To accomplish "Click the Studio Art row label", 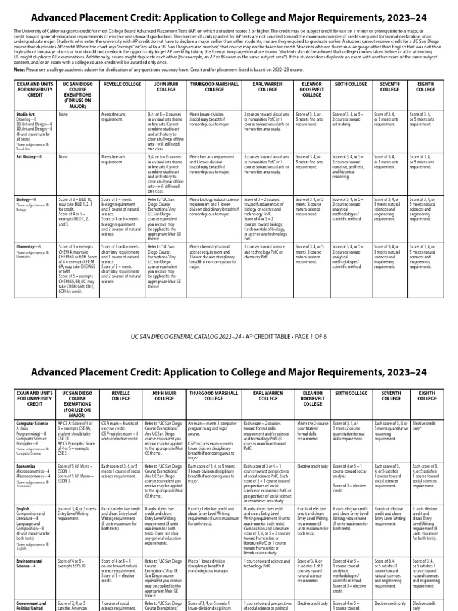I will click(25, 113).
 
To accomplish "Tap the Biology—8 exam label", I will click(26, 199).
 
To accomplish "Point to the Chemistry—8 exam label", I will click(29, 246).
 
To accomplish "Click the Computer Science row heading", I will click(32, 423).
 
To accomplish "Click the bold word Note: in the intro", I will click(20, 69).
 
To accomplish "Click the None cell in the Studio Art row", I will click(63, 113).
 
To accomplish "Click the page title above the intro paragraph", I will click(228, 18).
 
